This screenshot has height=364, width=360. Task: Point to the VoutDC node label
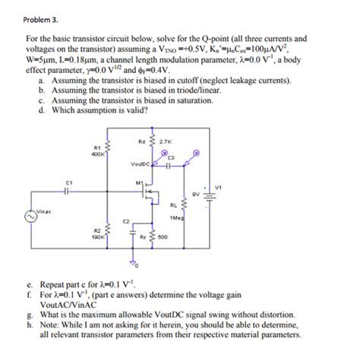(x=141, y=163)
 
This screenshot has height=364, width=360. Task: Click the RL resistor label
(x=174, y=204)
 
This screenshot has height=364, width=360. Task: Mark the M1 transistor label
(x=139, y=182)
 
